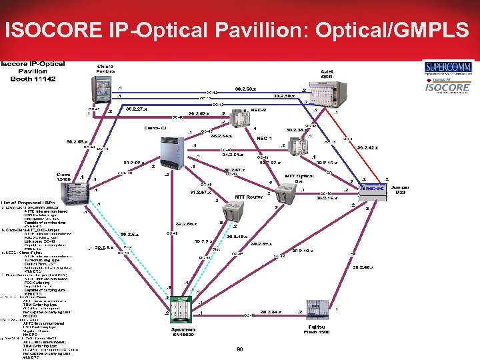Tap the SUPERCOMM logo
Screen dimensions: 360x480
448,67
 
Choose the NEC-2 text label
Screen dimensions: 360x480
259,109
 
